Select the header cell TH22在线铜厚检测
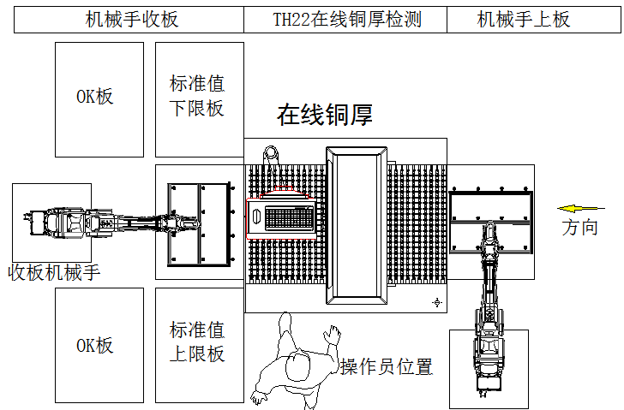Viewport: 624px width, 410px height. pyautogui.click(x=346, y=20)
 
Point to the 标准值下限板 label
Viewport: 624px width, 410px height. pyautogui.click(x=196, y=96)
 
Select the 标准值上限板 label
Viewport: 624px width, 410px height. pyautogui.click(x=196, y=342)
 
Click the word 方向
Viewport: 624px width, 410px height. pyautogui.click(x=579, y=228)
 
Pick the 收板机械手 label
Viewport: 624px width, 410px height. pyautogui.click(x=54, y=273)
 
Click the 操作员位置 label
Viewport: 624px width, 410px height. pyautogui.click(x=386, y=367)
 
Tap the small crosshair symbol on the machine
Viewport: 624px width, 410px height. pyautogui.click(x=436, y=302)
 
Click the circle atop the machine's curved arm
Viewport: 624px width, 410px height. pyautogui.click(x=272, y=154)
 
